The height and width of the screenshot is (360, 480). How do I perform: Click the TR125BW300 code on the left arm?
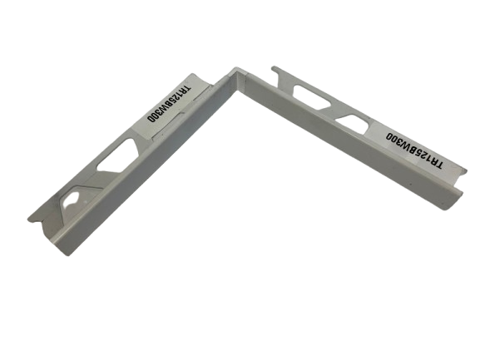click(x=168, y=104)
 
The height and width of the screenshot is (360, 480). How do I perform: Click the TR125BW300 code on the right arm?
click(x=413, y=150)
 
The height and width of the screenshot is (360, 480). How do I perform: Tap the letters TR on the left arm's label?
click(x=185, y=88)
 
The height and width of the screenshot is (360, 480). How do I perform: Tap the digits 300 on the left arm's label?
click(x=153, y=118)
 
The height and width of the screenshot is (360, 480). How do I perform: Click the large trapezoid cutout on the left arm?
click(x=117, y=155)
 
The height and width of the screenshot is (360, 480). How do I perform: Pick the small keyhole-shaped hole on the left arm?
click(x=72, y=201)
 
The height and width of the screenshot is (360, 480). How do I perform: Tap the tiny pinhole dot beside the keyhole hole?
click(x=85, y=201)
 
